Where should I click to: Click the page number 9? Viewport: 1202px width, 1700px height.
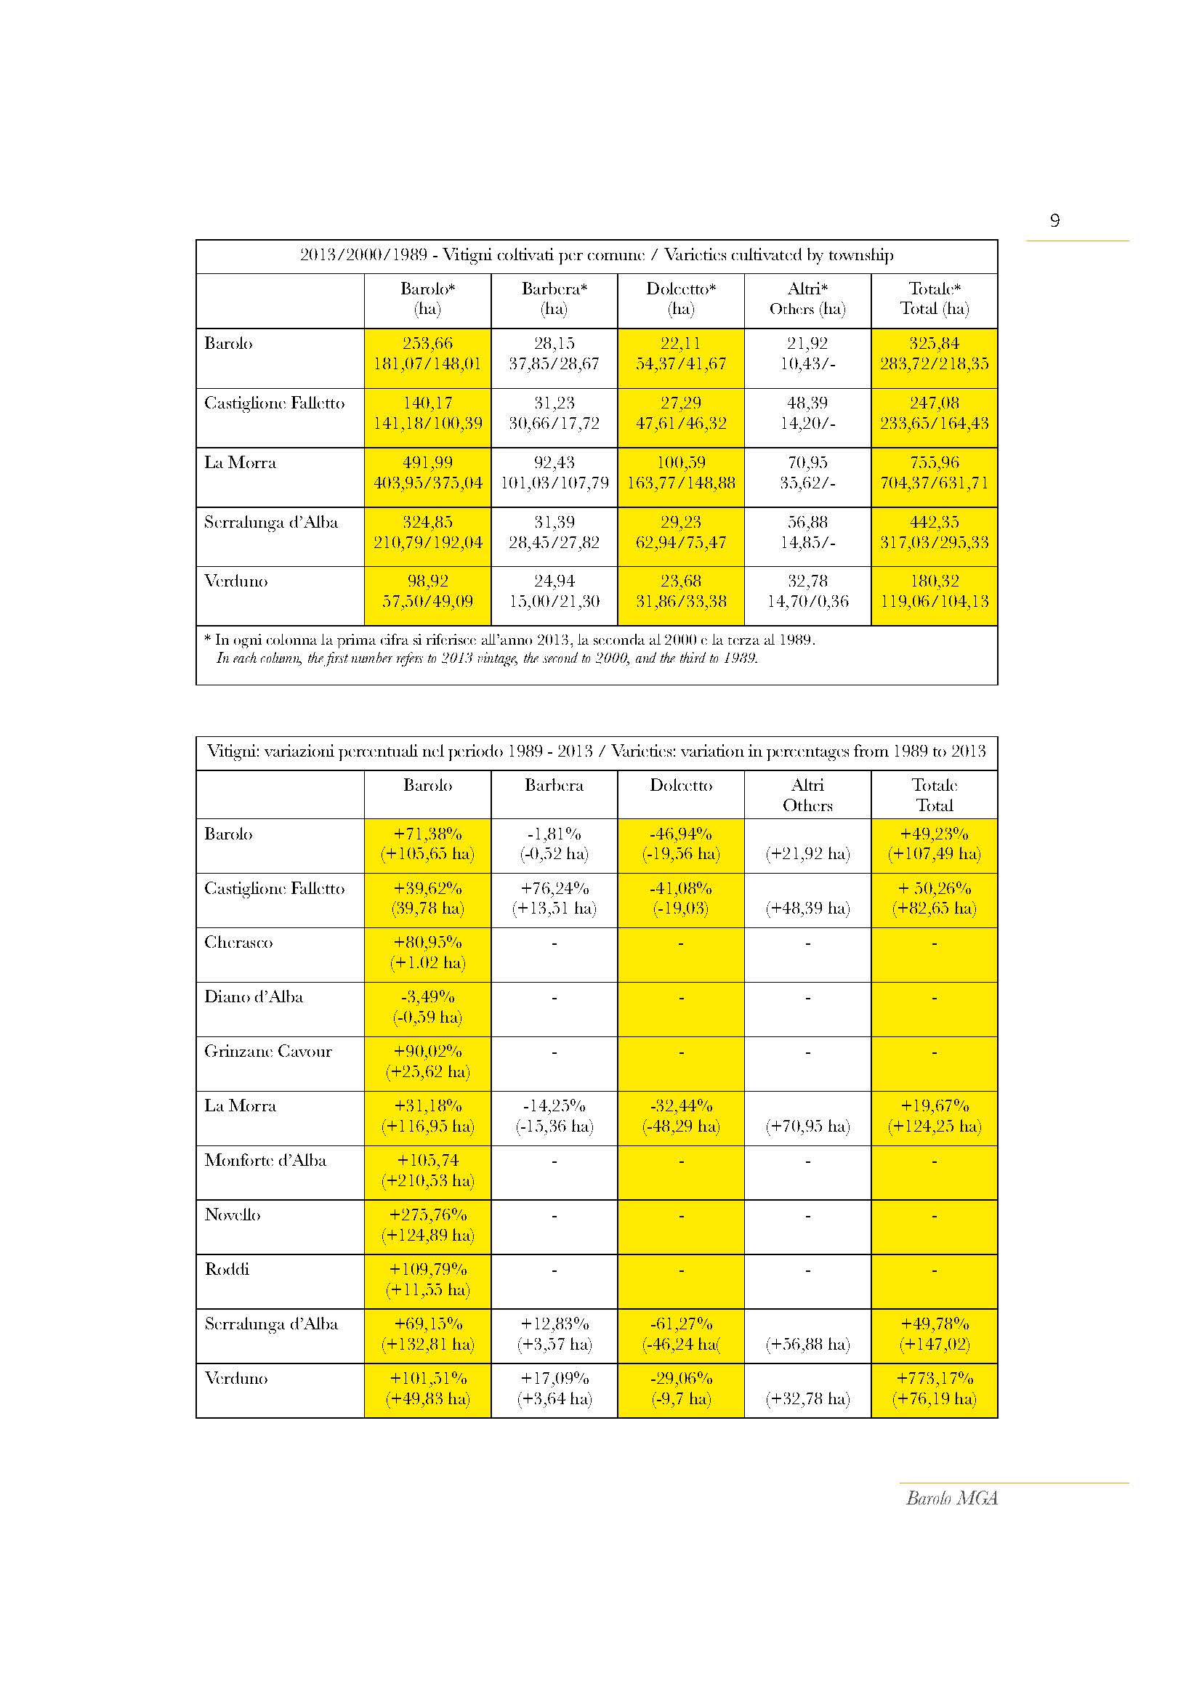click(x=1054, y=221)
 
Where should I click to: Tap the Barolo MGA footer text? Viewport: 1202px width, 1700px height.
click(x=952, y=1498)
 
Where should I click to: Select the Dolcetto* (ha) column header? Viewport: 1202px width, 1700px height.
click(x=681, y=299)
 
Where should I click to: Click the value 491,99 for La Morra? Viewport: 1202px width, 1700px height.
click(x=428, y=463)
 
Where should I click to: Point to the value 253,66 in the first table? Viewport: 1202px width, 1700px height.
click(x=428, y=344)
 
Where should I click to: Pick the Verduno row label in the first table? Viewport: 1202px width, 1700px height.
click(x=236, y=581)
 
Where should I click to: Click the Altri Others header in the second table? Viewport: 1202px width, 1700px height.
click(x=807, y=795)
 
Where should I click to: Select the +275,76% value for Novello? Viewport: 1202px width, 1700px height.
click(x=428, y=1215)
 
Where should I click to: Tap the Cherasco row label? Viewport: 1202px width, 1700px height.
click(x=238, y=943)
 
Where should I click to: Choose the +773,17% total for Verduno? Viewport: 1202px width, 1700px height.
click(x=934, y=1379)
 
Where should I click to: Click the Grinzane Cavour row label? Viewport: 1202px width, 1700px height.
click(x=268, y=1052)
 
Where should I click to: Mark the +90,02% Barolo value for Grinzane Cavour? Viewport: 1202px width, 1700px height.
click(x=428, y=1052)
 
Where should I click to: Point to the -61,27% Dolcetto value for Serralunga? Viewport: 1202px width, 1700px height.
click(x=681, y=1324)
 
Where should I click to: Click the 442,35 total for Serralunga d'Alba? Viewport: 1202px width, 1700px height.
click(x=934, y=523)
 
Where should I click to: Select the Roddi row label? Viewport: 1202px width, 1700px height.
click(x=227, y=1270)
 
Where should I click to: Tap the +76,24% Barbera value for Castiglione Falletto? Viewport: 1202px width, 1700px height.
click(x=554, y=888)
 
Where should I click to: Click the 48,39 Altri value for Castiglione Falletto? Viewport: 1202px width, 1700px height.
click(x=807, y=403)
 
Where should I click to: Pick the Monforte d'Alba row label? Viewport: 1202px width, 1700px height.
click(x=265, y=1160)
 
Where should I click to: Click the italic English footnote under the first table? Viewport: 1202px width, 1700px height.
click(x=487, y=658)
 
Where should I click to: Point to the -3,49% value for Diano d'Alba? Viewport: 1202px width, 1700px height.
click(x=428, y=997)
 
